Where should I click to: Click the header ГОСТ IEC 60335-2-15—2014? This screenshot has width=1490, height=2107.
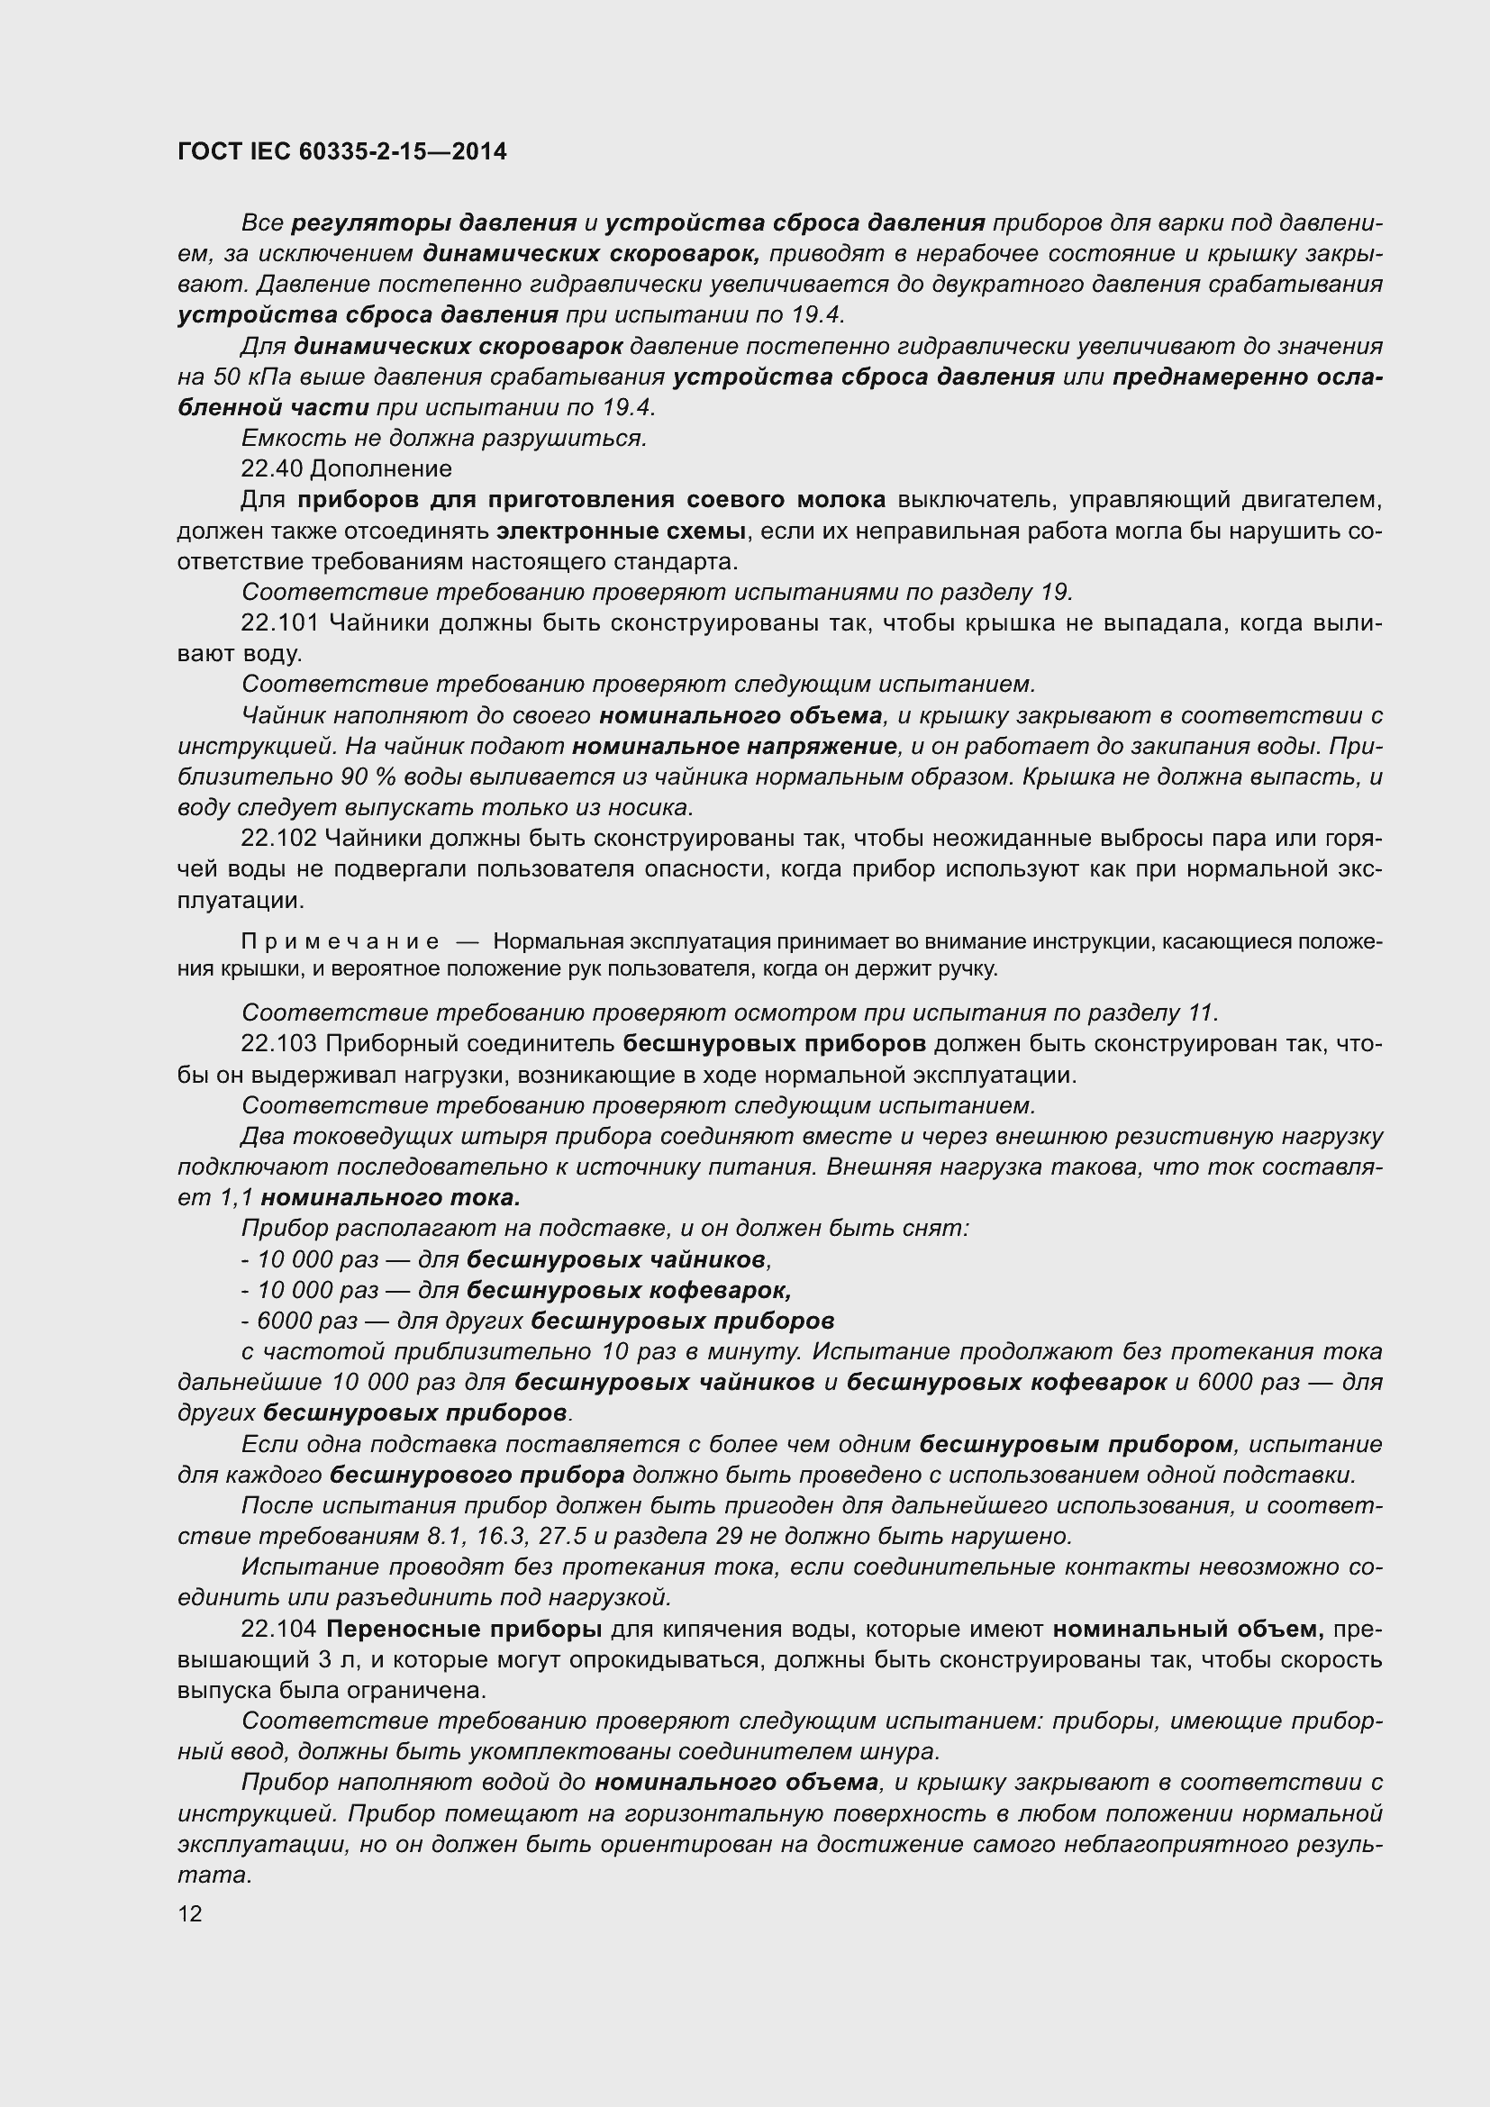[x=341, y=151]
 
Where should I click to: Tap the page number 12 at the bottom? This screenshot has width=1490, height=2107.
[x=190, y=1913]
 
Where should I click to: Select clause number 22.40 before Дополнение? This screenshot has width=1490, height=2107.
[x=271, y=469]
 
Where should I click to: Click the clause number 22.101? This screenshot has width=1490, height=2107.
[x=279, y=623]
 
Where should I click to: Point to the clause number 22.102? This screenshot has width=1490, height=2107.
[x=279, y=838]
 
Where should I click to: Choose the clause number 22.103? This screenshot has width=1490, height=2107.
[x=279, y=1043]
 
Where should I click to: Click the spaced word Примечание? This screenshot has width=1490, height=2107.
[x=340, y=941]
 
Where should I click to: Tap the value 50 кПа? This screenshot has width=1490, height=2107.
[x=243, y=377]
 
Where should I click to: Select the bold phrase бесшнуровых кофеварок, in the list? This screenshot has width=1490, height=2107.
[x=629, y=1290]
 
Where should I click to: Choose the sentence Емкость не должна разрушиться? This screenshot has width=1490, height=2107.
[x=444, y=439]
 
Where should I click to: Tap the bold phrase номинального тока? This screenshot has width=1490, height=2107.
[x=390, y=1197]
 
